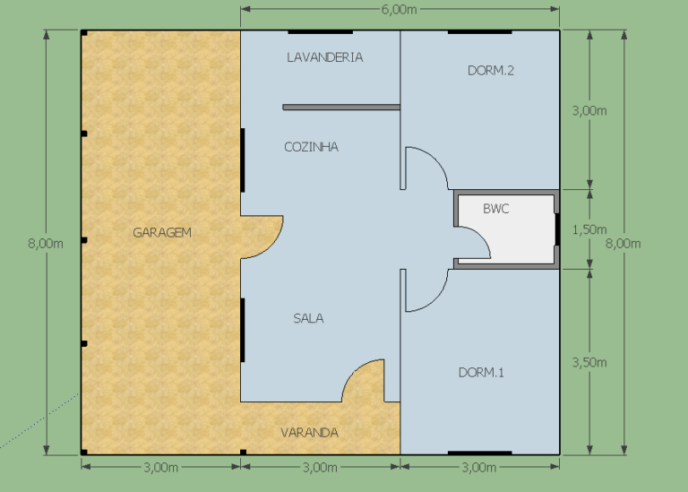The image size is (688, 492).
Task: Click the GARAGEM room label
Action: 162,232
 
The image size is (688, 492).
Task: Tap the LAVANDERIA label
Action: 324,57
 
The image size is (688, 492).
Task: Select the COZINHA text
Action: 311,147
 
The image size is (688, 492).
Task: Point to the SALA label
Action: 308,318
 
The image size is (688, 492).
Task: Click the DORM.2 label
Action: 491,70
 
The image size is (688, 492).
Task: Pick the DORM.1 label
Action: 481,373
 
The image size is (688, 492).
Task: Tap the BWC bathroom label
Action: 495,209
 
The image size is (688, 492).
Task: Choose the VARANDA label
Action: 309,433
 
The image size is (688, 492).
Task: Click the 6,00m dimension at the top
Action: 399,10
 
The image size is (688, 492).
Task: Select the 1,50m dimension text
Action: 589,229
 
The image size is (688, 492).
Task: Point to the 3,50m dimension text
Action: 589,363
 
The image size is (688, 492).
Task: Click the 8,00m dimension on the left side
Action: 46,244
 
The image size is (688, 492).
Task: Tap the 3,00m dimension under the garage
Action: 160,468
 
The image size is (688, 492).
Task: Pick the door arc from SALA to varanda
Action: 354,371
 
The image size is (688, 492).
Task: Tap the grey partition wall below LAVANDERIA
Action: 341,107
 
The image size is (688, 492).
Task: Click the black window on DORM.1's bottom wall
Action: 480,453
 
